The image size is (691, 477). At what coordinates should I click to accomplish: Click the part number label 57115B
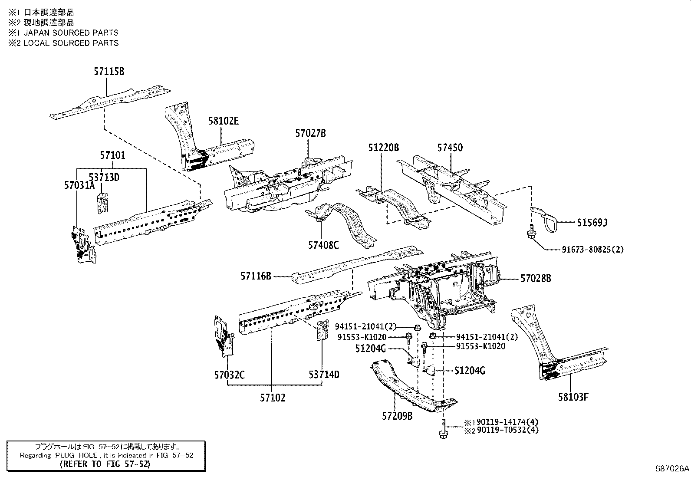tap(109, 72)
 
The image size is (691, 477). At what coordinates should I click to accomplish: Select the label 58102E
tap(223, 122)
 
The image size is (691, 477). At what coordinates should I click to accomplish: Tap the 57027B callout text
tap(310, 133)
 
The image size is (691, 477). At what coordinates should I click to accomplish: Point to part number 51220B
tap(383, 148)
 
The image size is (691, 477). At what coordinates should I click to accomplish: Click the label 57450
tap(450, 148)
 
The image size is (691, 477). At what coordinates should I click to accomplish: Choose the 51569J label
tap(592, 223)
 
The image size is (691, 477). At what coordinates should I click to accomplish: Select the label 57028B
tap(536, 279)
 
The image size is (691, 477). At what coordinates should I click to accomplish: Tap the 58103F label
tap(573, 397)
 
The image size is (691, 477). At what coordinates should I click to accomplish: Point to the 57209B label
tap(397, 416)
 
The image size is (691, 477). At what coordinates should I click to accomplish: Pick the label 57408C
tap(323, 245)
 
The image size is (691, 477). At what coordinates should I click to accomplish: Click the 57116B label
tap(256, 276)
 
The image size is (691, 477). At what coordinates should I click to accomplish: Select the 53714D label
tap(324, 375)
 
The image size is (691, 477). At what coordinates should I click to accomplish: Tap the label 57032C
tap(229, 375)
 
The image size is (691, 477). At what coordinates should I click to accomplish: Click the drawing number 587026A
tap(672, 469)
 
